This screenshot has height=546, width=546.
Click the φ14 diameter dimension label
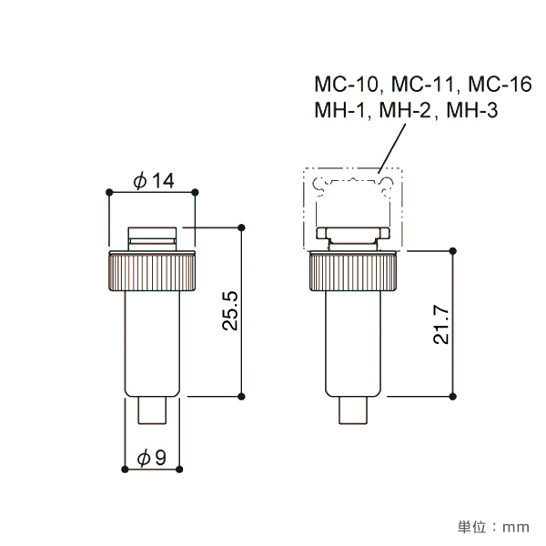(x=153, y=181)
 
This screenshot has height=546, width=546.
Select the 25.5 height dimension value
(x=229, y=312)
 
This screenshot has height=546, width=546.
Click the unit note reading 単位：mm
(x=492, y=526)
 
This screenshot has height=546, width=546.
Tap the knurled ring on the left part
(x=153, y=270)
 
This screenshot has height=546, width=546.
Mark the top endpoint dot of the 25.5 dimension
(x=242, y=227)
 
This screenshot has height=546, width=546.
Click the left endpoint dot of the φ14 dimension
(x=109, y=192)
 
